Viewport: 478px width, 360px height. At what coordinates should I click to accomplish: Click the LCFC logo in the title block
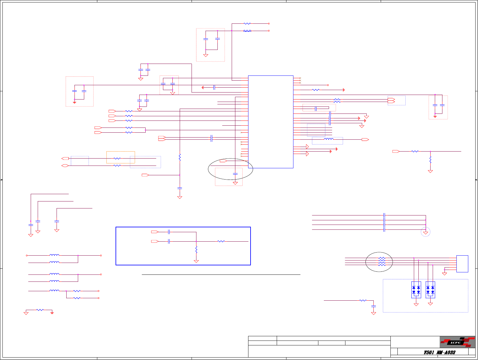click(x=457, y=342)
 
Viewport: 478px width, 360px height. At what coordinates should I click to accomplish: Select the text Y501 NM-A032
click(x=439, y=352)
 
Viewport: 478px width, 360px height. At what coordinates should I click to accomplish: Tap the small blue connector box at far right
click(x=462, y=264)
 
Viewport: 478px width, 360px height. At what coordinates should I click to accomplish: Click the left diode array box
click(x=416, y=290)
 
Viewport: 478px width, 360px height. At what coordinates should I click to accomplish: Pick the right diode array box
click(x=430, y=290)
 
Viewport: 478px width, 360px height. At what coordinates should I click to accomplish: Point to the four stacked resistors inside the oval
click(x=382, y=262)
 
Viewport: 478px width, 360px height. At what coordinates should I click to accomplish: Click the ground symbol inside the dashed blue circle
click(x=426, y=233)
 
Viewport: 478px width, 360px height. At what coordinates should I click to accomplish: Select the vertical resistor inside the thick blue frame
click(x=196, y=250)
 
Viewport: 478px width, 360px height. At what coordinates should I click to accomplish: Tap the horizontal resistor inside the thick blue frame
click(x=221, y=241)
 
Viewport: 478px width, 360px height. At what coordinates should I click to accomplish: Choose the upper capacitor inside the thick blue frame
click(x=169, y=232)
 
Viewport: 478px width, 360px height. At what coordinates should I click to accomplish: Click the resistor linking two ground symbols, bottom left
click(x=40, y=310)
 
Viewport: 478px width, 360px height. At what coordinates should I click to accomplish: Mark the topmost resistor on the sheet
click(x=247, y=23)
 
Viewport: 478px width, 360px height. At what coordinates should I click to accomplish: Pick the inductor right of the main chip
click(x=328, y=139)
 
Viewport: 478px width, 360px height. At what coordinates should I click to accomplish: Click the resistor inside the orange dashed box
click(x=117, y=158)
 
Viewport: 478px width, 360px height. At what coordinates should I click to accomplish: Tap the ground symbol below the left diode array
click(x=416, y=304)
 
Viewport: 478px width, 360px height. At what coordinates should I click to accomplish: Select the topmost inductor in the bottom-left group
click(x=54, y=255)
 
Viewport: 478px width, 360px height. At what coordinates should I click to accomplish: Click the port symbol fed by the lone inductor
click(x=365, y=140)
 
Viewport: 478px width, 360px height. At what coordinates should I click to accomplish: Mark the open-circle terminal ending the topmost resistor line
click(x=269, y=23)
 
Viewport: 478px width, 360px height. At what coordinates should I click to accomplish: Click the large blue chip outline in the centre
click(x=271, y=122)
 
